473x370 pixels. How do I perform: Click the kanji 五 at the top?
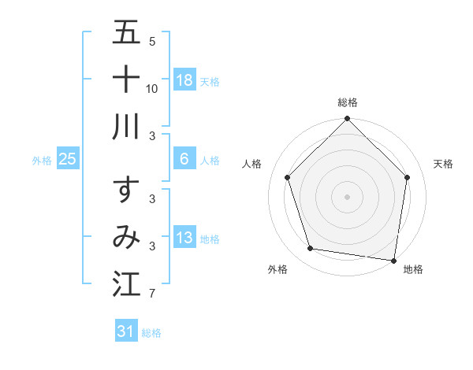[x=127, y=34]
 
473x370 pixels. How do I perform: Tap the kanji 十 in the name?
[x=127, y=80]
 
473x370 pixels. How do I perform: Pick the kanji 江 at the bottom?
[x=127, y=284]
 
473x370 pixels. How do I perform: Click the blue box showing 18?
[x=184, y=80]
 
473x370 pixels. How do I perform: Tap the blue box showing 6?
[x=184, y=159]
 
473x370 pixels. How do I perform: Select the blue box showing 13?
[x=184, y=238]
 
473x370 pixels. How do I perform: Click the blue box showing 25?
[x=67, y=159]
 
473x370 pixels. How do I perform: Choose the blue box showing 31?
[x=125, y=331]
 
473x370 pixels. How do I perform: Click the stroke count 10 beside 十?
[x=152, y=89]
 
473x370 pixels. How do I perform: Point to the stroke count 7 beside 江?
[x=152, y=294]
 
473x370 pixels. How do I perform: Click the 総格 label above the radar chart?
[x=348, y=102]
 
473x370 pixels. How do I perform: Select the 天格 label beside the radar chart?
[x=443, y=164]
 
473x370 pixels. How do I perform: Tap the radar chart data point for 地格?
[x=393, y=260]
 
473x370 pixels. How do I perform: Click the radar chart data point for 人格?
[x=288, y=177]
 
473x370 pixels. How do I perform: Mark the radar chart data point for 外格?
[x=311, y=249]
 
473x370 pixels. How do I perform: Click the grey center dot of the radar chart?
[x=348, y=196]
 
